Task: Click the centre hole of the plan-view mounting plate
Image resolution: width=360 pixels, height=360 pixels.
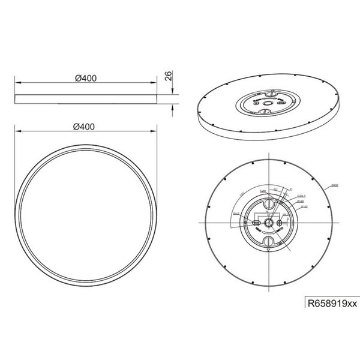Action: [269, 223]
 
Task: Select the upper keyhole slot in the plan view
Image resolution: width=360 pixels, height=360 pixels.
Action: [269, 207]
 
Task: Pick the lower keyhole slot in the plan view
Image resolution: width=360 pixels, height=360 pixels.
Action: [269, 240]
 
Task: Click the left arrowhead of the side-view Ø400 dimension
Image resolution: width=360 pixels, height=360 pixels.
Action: [16, 83]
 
